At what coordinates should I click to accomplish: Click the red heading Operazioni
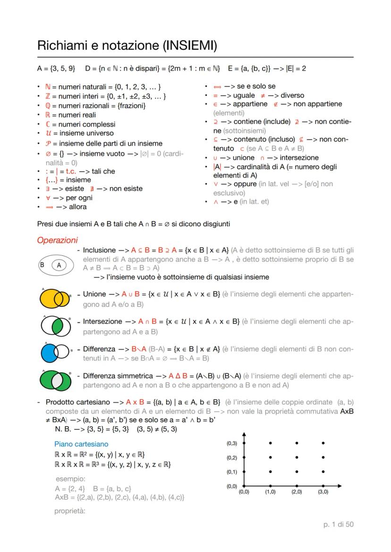[x=57, y=240]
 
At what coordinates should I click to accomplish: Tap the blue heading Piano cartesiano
[x=81, y=444]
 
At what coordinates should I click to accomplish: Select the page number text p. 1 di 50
[x=336, y=525]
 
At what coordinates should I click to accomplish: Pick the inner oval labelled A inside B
[x=59, y=265]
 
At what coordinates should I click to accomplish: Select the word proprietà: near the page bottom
[x=69, y=510]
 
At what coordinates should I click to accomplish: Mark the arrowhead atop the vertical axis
[x=244, y=435]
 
